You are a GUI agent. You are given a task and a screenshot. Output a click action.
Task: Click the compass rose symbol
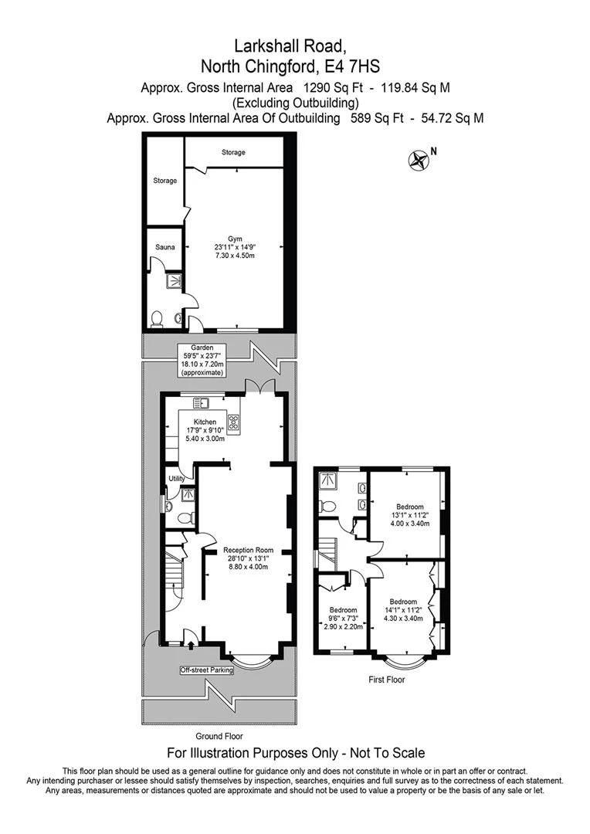[418, 160]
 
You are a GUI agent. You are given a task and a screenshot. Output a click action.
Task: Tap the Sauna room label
[165, 247]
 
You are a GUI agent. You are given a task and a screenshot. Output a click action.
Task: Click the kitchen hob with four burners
[233, 422]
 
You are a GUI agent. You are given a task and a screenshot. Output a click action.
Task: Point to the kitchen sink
[201, 403]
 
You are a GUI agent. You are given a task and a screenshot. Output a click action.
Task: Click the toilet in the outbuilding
[157, 320]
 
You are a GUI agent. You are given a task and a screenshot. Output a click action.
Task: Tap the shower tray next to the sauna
[174, 280]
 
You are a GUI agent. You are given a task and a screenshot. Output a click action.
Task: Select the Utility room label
[177, 479]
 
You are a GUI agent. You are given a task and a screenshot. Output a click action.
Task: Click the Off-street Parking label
[206, 670]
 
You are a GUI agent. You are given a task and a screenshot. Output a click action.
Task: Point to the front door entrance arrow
[192, 645]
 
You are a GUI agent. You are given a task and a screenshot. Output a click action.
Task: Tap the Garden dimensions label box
[202, 361]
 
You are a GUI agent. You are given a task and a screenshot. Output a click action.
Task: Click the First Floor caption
[387, 680]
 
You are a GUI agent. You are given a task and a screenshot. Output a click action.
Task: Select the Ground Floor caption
[219, 736]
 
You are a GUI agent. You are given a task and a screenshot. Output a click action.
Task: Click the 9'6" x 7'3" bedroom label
[344, 619]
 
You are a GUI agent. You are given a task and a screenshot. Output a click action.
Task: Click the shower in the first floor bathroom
[327, 480]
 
